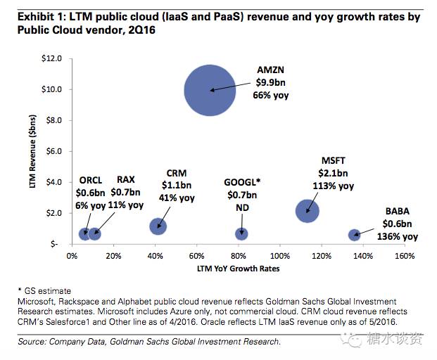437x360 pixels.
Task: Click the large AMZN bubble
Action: click(x=209, y=90)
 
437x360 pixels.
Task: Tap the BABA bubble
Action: click(x=355, y=235)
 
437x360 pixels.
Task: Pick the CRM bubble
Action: click(x=158, y=226)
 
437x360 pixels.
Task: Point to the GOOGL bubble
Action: click(x=241, y=233)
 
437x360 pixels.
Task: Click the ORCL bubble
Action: click(x=84, y=233)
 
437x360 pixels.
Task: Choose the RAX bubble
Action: click(x=95, y=233)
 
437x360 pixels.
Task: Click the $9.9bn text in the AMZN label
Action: click(x=272, y=82)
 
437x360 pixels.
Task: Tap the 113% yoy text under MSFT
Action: click(x=334, y=186)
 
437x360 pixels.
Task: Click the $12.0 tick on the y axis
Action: click(x=53, y=58)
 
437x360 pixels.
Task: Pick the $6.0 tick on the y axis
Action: click(x=54, y=151)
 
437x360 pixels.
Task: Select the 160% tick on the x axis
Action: click(x=404, y=255)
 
